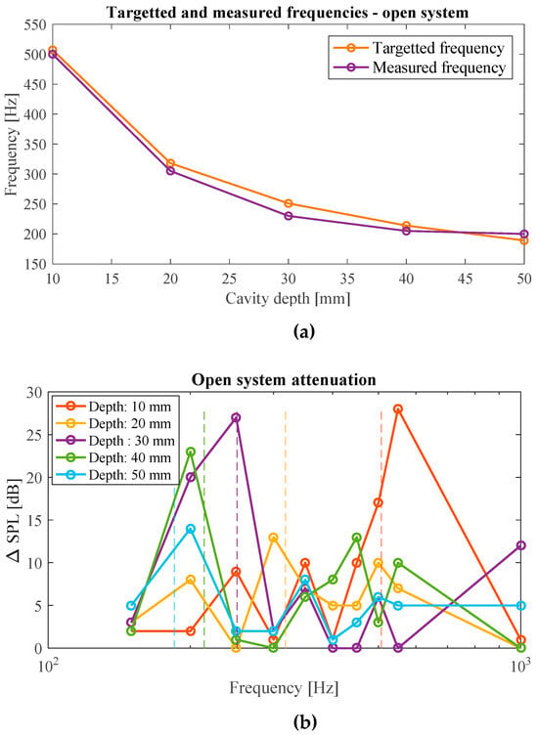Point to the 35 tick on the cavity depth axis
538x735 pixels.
pyautogui.click(x=347, y=280)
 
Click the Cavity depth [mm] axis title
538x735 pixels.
pyautogui.click(x=288, y=299)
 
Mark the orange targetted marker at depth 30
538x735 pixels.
pyautogui.click(x=289, y=203)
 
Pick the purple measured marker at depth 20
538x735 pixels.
pyautogui.click(x=170, y=171)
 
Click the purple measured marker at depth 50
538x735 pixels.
pyautogui.click(x=524, y=234)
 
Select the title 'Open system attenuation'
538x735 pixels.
pyautogui.click(x=284, y=379)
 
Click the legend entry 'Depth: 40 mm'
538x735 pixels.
pyautogui.click(x=112, y=458)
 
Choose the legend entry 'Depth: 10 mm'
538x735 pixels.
pyautogui.click(x=112, y=407)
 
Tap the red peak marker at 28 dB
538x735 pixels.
pyautogui.click(x=398, y=410)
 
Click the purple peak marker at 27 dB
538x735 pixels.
pyautogui.click(x=237, y=417)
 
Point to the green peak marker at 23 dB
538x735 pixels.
pyautogui.click(x=191, y=452)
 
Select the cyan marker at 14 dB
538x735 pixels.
pyautogui.click(x=191, y=529)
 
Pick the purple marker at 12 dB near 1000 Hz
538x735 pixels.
pyautogui.click(x=520, y=545)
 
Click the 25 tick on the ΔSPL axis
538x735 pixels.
pyautogui.click(x=35, y=435)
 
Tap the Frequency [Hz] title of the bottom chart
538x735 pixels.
pyautogui.click(x=284, y=688)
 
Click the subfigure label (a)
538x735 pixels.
pyautogui.click(x=304, y=332)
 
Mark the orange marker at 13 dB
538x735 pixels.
pyautogui.click(x=274, y=538)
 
